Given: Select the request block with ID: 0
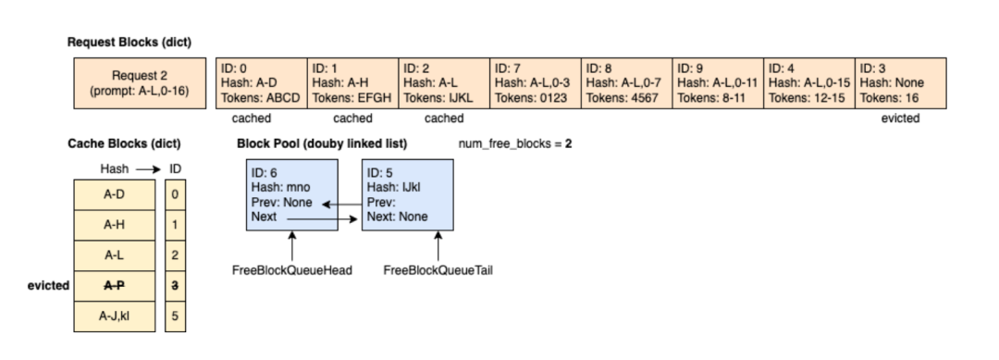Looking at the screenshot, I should click(260, 83).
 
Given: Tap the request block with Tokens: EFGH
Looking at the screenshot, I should click(352, 83).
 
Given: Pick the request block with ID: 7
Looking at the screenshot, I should click(535, 83).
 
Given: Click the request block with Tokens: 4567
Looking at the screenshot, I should click(626, 83).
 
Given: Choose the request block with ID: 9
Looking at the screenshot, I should click(718, 83).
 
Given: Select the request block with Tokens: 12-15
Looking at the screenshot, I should click(808, 83).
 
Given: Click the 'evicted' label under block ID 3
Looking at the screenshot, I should click(900, 118).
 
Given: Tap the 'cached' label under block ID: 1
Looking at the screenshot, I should click(352, 118).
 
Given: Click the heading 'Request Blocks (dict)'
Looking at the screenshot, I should click(129, 42).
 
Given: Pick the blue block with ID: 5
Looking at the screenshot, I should click(407, 195).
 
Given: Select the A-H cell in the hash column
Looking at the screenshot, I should click(114, 223).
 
